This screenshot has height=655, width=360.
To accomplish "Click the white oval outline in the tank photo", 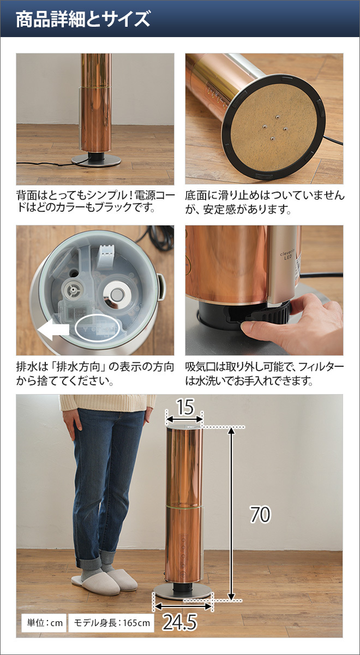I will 97,329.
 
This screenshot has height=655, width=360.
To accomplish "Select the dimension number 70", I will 260,514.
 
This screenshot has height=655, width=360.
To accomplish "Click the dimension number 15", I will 185,407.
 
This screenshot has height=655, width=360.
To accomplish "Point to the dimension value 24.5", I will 179,623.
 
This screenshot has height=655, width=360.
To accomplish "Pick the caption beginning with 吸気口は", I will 264,373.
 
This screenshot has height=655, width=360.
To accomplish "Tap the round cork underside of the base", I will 272,126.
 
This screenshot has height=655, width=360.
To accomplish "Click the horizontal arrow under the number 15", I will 184,419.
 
